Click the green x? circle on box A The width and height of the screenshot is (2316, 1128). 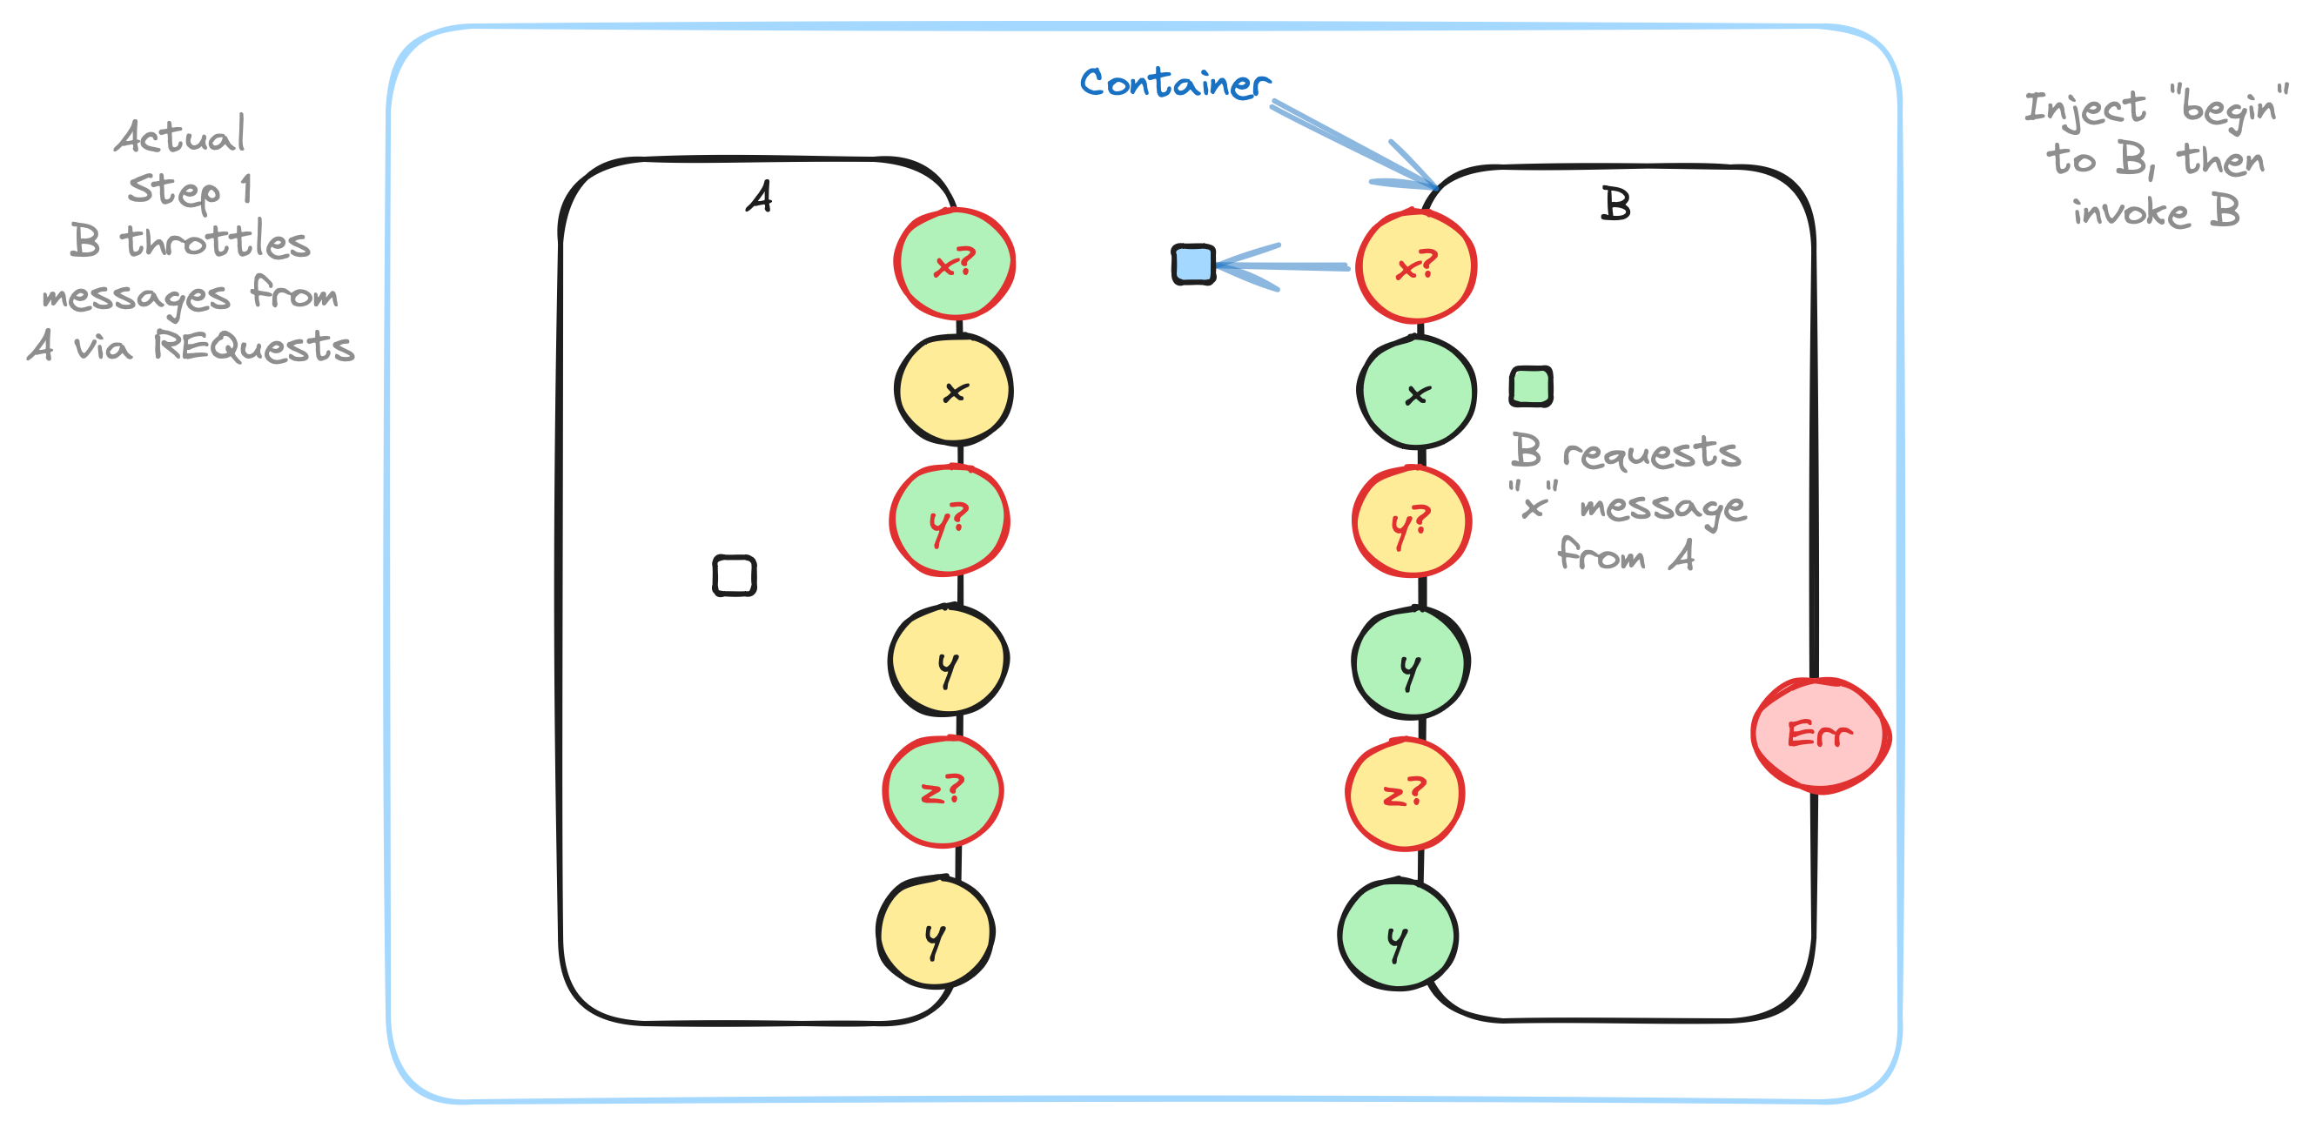pyautogui.click(x=954, y=264)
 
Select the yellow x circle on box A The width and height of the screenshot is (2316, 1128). pyautogui.click(x=954, y=391)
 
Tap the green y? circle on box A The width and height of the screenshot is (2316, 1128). pyautogui.click(x=950, y=520)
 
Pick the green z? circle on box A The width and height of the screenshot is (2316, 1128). pyautogui.click(x=943, y=791)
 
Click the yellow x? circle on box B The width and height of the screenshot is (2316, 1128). pyautogui.click(x=1416, y=266)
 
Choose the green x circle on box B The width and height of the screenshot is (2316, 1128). pyautogui.click(x=1416, y=393)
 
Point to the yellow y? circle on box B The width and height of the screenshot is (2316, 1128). pyautogui.click(x=1412, y=522)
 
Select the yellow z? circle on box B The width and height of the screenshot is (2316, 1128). pyautogui.click(x=1405, y=794)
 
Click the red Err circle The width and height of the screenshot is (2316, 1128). pyautogui.click(x=1820, y=735)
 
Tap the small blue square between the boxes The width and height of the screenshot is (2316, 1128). pyautogui.click(x=1193, y=265)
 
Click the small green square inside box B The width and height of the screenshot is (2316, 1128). pyautogui.click(x=1530, y=386)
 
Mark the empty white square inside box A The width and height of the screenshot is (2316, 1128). pyautogui.click(x=734, y=575)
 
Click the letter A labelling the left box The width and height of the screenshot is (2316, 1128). pyautogui.click(x=760, y=196)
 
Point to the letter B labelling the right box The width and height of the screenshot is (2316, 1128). pyautogui.click(x=1615, y=204)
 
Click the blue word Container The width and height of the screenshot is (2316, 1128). pyautogui.click(x=1174, y=83)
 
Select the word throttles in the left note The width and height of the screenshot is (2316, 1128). pyautogui.click(x=216, y=241)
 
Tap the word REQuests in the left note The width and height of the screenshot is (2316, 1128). pyautogui.click(x=253, y=346)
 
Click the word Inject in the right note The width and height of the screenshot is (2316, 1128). pyautogui.click(x=2084, y=108)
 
